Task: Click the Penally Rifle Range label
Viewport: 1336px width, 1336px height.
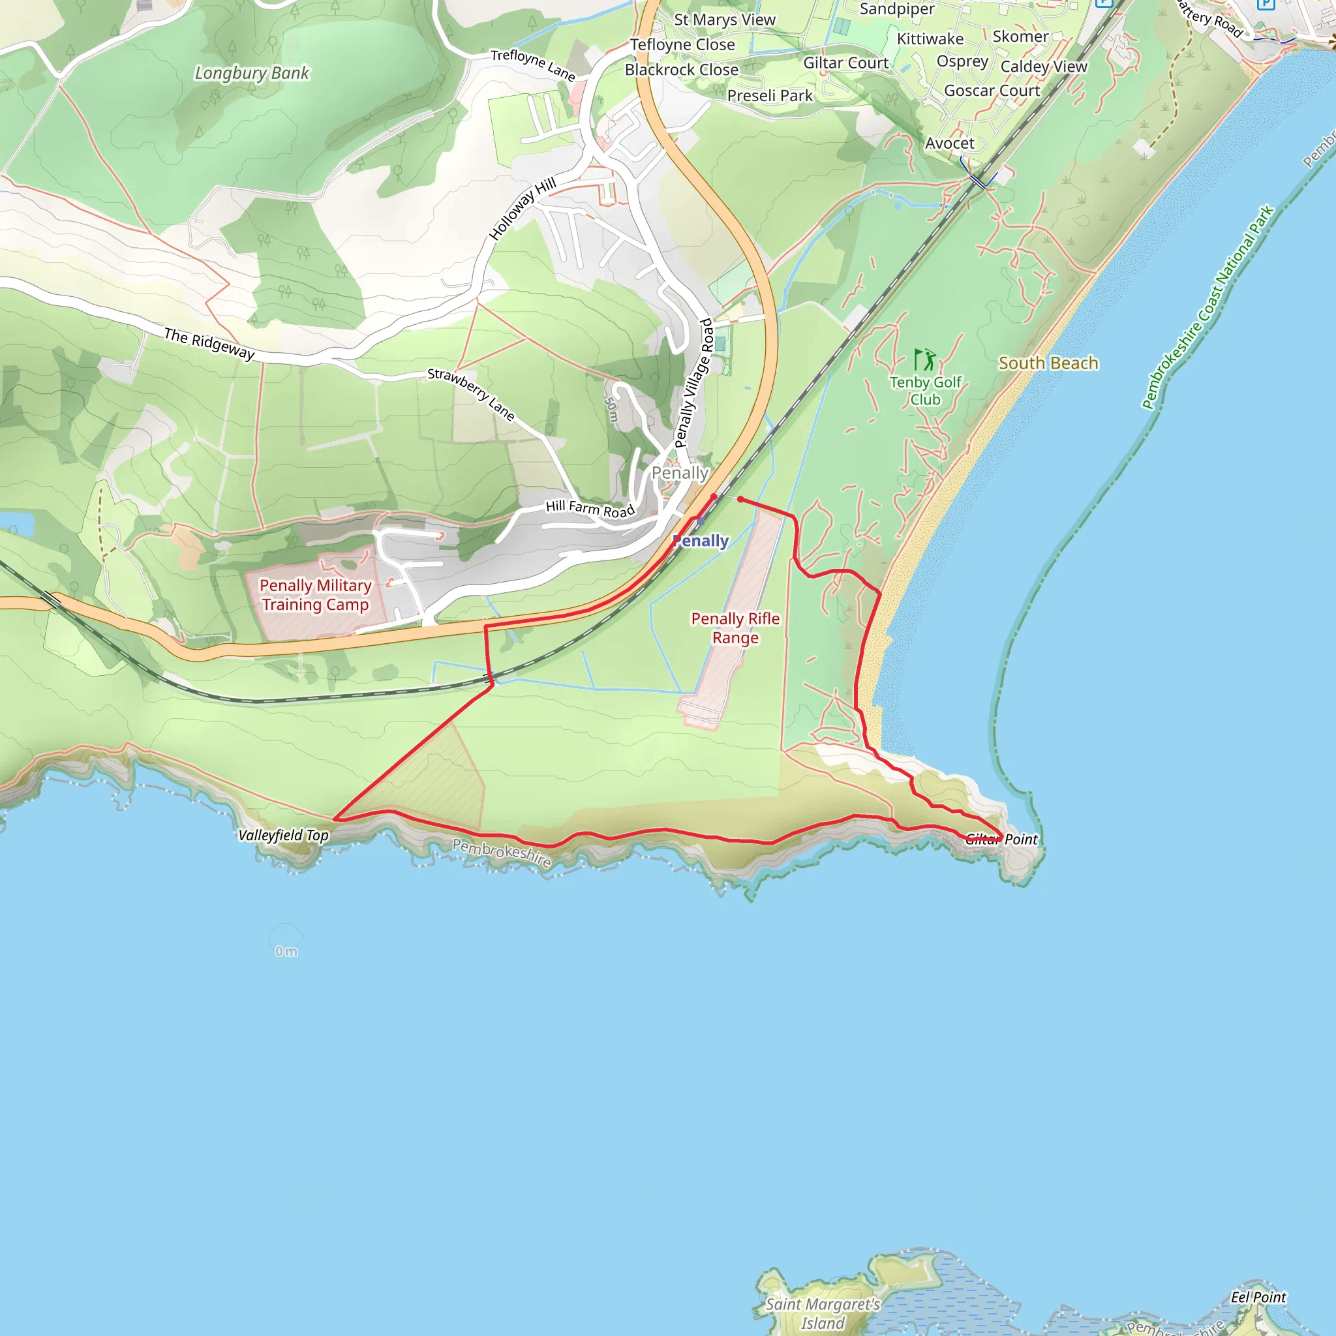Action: tap(735, 628)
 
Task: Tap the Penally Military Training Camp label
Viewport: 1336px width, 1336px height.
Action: tap(315, 595)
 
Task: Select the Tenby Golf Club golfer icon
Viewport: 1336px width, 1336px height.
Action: tap(924, 359)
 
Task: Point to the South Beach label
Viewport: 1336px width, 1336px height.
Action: tap(1048, 363)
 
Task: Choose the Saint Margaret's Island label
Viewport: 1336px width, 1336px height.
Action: tap(822, 1313)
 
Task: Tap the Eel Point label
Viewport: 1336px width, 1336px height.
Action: tap(1258, 1298)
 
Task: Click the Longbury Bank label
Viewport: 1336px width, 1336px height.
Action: tap(252, 72)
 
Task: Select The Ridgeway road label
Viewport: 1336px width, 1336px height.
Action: tap(209, 344)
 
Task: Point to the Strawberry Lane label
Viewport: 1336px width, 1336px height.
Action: tap(471, 393)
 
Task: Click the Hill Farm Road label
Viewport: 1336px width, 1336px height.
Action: tap(590, 508)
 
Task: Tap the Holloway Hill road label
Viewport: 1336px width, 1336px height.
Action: tap(522, 208)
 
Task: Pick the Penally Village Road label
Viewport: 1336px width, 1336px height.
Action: tap(693, 383)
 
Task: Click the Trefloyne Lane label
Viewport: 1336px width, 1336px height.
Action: tap(532, 65)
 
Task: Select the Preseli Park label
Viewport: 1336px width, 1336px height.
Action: tap(770, 95)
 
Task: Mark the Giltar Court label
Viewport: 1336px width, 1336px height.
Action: tap(845, 63)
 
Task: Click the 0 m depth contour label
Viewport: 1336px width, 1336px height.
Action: tap(286, 951)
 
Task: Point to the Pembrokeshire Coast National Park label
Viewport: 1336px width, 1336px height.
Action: tap(1207, 307)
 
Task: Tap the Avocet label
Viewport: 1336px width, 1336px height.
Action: tap(949, 143)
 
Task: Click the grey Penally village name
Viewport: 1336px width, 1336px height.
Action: tap(680, 473)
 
